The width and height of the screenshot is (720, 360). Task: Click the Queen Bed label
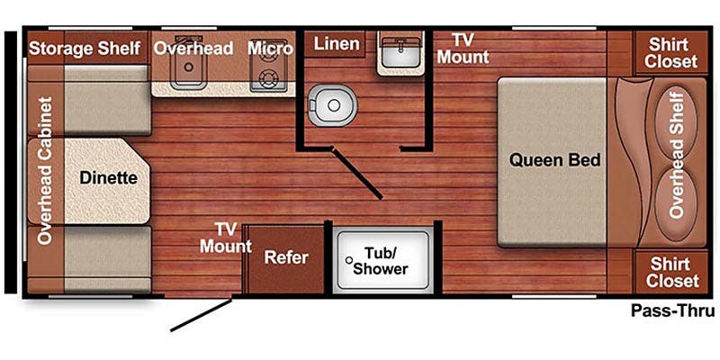pos(554,160)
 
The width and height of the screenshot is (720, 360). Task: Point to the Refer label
pos(286,257)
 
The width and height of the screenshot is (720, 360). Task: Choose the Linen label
pos(337,43)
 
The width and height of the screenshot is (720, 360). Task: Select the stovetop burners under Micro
pos(267,77)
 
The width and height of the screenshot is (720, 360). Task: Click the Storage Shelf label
pos(85,47)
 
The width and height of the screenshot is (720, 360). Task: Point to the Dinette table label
pos(108,177)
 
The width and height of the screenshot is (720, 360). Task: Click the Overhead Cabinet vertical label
pos(45,171)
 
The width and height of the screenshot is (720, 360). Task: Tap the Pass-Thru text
pos(672,311)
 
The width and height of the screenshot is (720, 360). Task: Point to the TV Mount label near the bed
pos(463,49)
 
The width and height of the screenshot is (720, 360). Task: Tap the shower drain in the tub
pos(347,258)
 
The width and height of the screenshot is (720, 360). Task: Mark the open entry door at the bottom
pos(203,314)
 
